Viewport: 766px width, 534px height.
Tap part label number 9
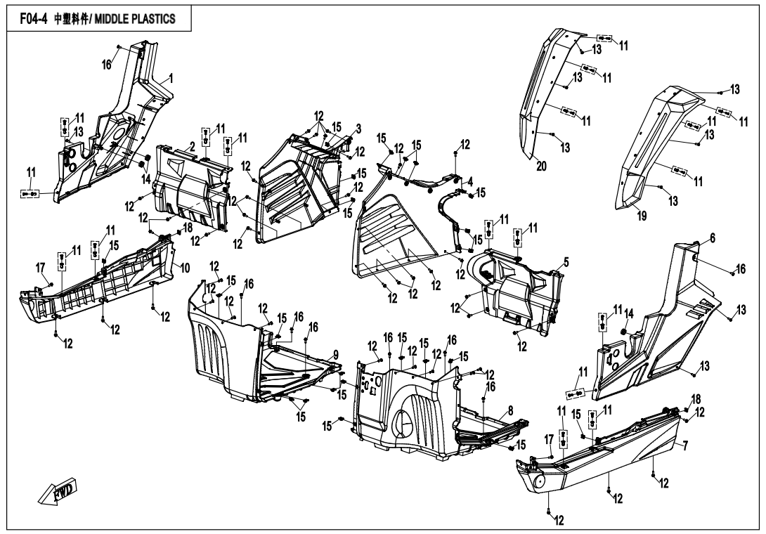click(x=336, y=353)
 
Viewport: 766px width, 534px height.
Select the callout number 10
click(x=185, y=268)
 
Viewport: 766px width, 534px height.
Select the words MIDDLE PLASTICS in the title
click(x=131, y=18)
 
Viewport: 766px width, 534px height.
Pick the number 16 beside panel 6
click(x=740, y=269)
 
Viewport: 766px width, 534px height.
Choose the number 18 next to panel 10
click(x=188, y=228)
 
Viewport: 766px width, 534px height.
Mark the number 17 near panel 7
click(x=549, y=440)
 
